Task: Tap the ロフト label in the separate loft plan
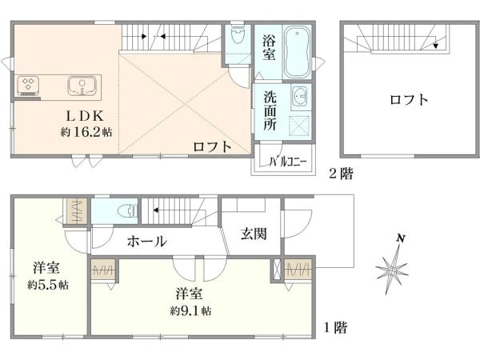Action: tap(408, 101)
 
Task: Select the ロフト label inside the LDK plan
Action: tap(212, 146)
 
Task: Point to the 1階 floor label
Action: tap(335, 327)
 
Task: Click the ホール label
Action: tap(146, 241)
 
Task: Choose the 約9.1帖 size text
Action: tap(191, 310)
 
